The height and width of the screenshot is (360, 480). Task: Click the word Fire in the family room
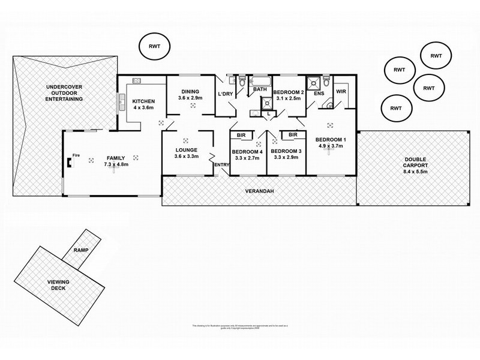(76, 155)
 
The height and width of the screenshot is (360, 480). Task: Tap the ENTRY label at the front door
(221, 165)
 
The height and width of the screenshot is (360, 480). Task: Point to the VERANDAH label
(259, 191)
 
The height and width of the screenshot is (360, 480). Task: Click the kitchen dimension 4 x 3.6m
(144, 109)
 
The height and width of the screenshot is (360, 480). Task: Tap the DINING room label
(189, 90)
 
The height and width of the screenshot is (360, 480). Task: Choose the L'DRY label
(225, 94)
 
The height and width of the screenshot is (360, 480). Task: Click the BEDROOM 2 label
(288, 92)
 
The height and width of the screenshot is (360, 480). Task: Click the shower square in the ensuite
(313, 82)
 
